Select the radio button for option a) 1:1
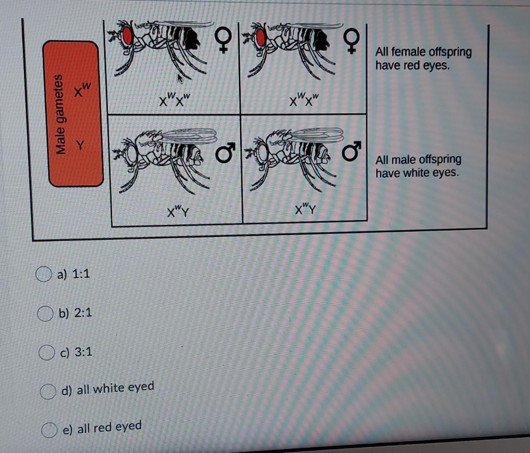44,274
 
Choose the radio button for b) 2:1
45,313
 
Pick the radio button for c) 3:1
47,352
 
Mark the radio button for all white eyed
48,391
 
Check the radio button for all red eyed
49,430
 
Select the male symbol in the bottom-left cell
225,152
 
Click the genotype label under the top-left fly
175,100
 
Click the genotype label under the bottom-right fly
306,208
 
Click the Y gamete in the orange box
80,146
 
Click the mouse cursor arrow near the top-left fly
181,79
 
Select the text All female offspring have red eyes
423,59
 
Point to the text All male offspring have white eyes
418,166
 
